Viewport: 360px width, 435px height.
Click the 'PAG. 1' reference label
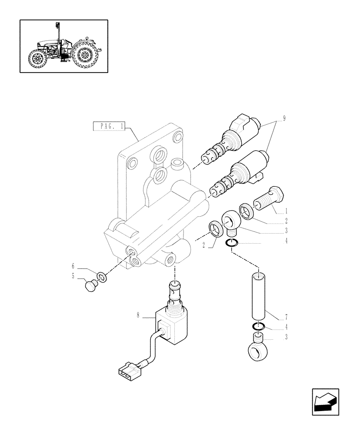(x=109, y=127)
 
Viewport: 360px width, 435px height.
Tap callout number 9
(x=284, y=118)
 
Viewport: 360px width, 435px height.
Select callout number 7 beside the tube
(x=285, y=317)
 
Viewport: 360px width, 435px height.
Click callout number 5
(x=73, y=276)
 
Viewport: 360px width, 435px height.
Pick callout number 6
(x=73, y=265)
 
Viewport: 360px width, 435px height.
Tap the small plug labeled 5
(x=90, y=286)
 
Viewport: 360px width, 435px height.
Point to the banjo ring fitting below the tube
(x=258, y=348)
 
